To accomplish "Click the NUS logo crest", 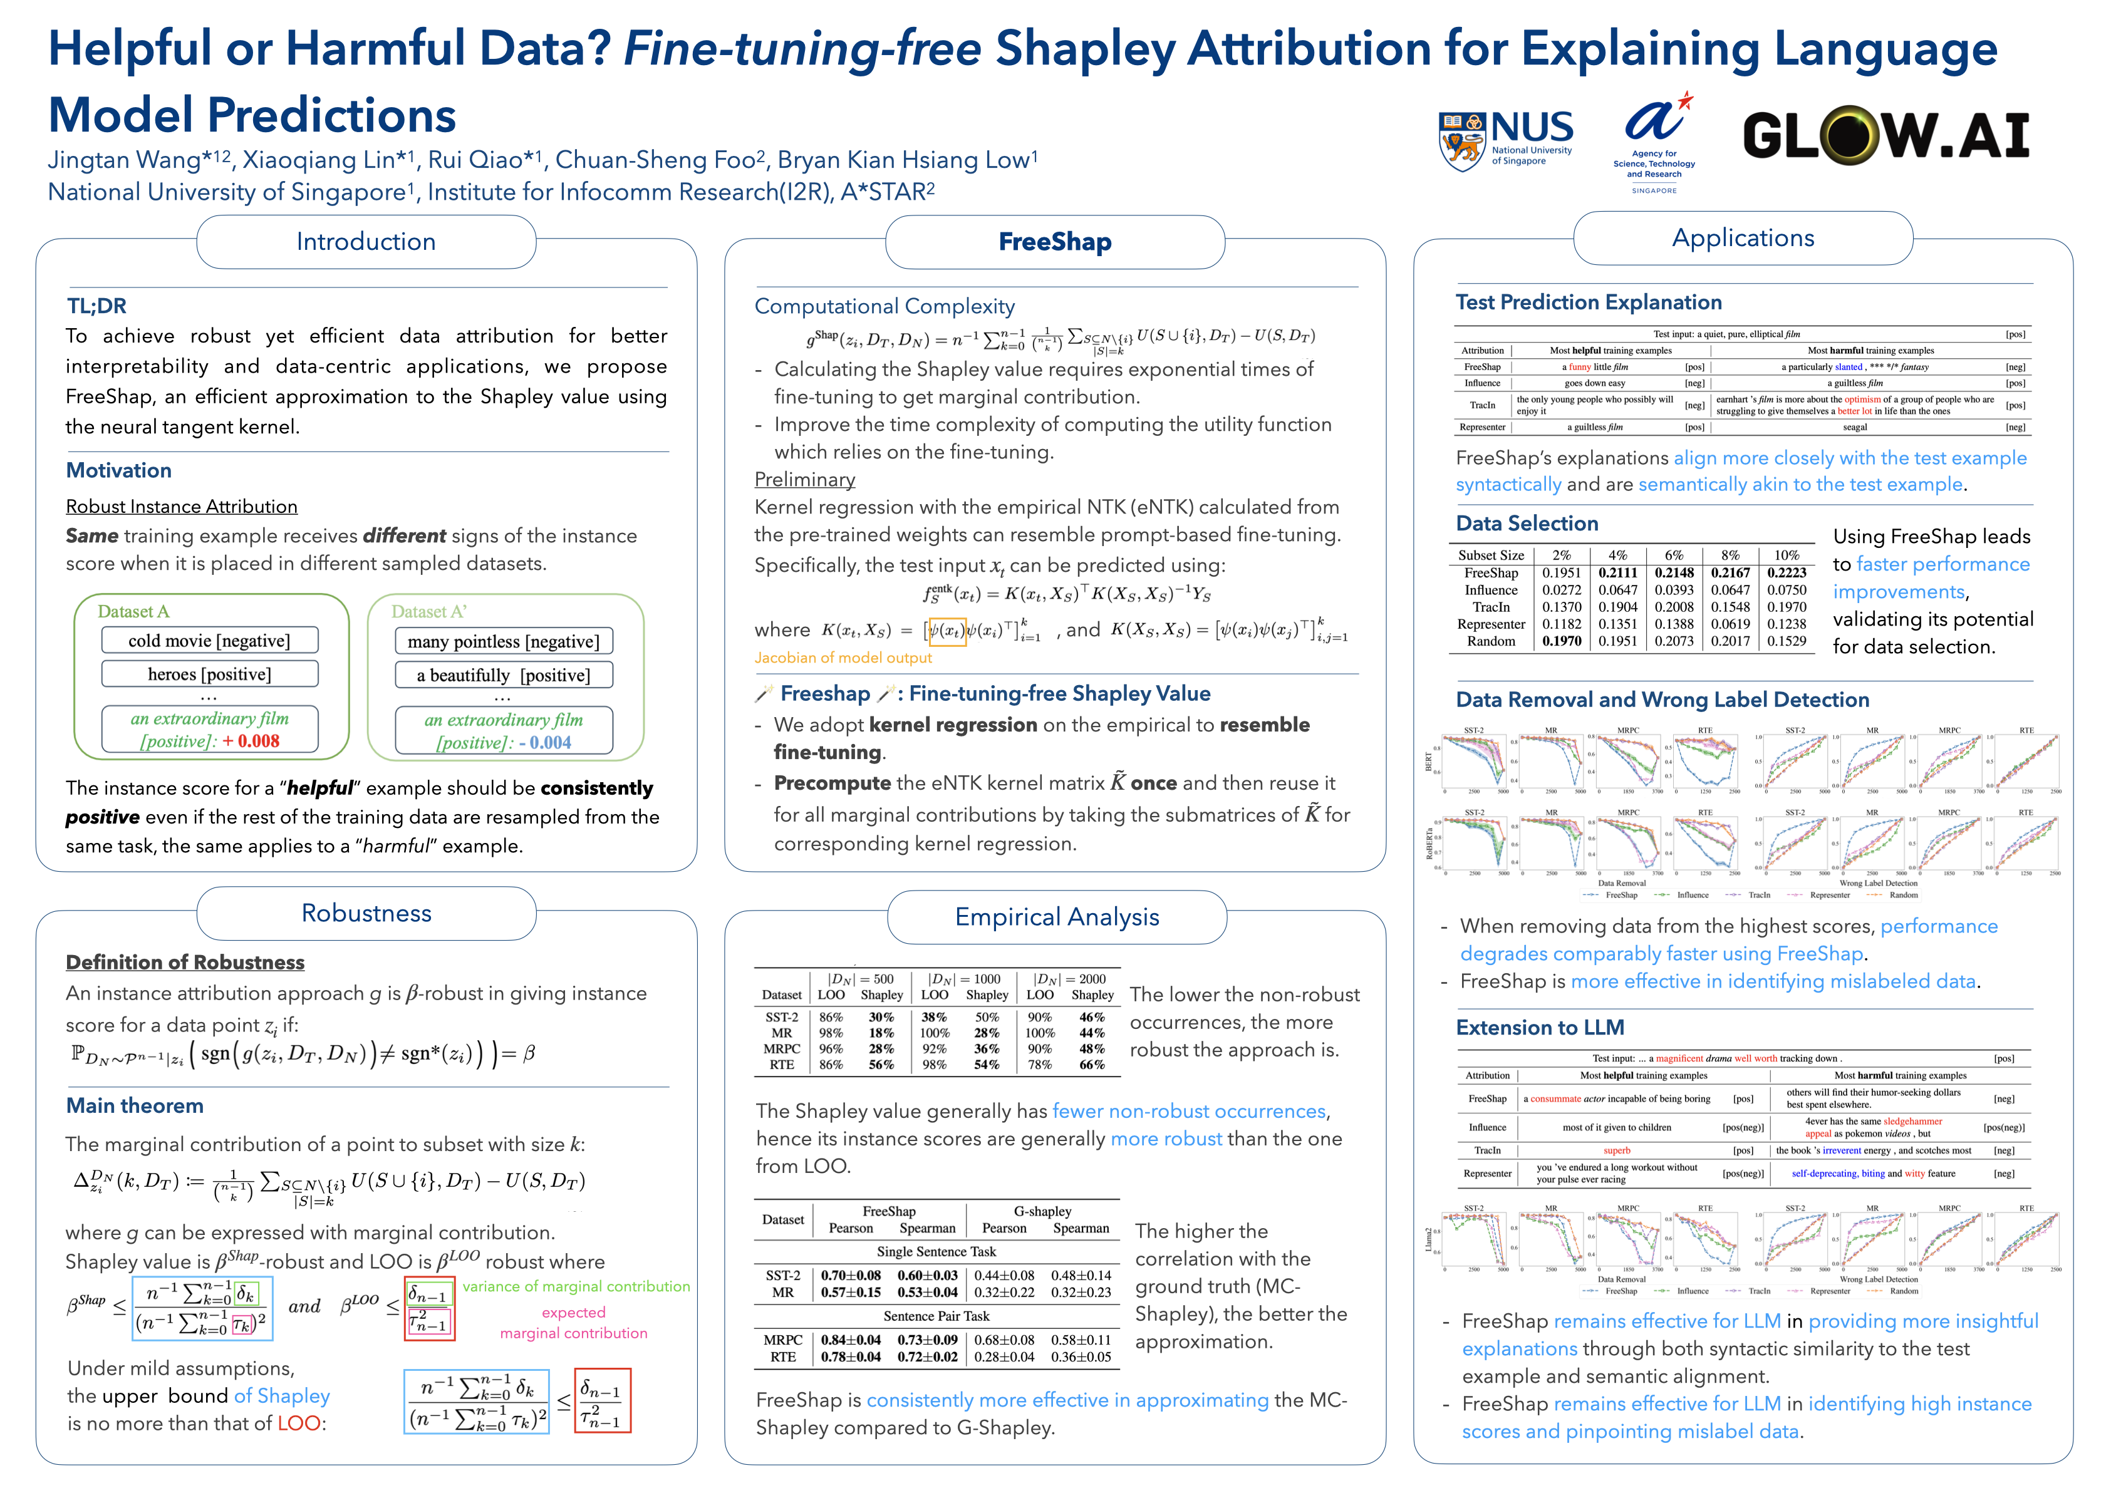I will (1462, 141).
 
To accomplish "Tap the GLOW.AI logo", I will (1885, 135).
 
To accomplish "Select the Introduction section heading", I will (366, 242).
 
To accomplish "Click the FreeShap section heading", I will (1055, 242).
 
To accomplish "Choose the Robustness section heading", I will (366, 913).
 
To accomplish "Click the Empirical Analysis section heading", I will (1056, 917).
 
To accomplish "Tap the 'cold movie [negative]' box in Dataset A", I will (210, 641).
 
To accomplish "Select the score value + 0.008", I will (251, 741).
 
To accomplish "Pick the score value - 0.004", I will (545, 743).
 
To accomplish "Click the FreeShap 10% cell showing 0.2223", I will (1787, 573).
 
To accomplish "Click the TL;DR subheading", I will (96, 306).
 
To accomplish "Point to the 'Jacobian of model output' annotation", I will (843, 658).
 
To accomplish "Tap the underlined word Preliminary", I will (804, 480).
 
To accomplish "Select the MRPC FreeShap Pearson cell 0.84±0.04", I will (851, 1340).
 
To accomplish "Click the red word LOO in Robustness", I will (299, 1424).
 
